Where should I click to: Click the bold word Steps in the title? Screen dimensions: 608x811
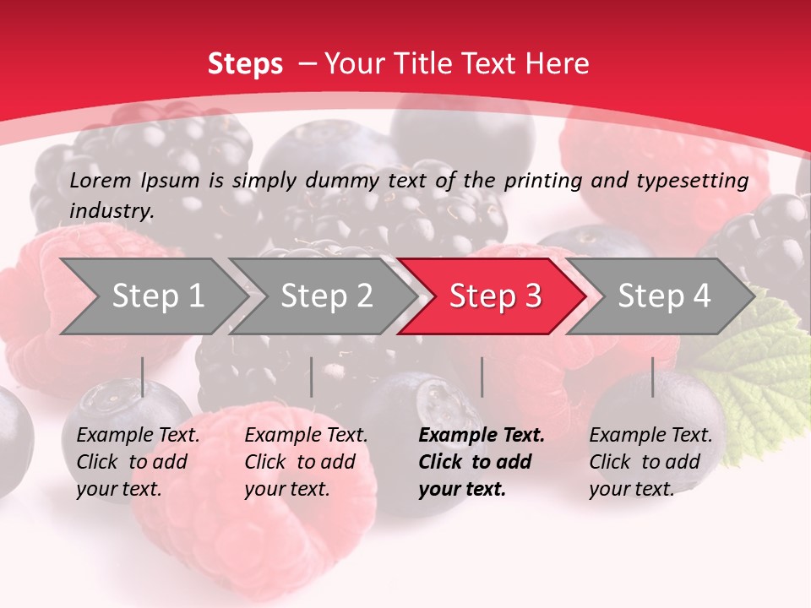245,64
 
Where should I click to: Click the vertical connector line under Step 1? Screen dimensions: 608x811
143,377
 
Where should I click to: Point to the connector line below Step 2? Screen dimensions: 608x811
312,377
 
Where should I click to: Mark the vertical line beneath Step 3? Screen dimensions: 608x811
482,377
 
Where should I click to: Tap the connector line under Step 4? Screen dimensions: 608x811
652,377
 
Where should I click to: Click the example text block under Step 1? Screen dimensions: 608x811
138,462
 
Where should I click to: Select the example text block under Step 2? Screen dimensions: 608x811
306,462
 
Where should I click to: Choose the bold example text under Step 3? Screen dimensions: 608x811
482,462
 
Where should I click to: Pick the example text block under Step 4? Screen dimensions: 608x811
650,462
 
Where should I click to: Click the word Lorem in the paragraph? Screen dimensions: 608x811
101,181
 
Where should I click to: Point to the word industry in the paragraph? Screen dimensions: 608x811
111,211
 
